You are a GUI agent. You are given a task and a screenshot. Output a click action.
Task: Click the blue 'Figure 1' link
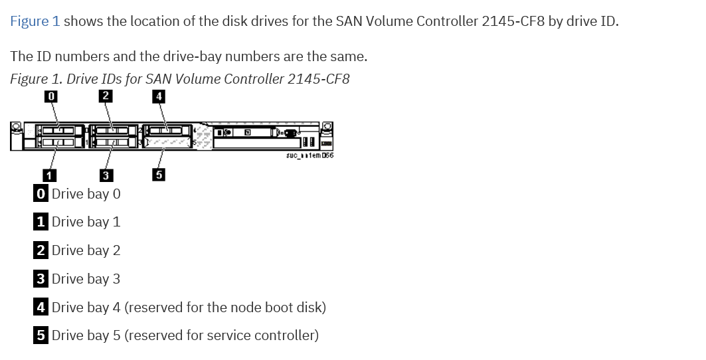35,21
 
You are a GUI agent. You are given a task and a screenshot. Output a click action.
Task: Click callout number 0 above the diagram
50,96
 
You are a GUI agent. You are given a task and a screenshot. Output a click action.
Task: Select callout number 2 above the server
105,96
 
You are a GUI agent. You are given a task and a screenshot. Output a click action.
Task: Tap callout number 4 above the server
158,96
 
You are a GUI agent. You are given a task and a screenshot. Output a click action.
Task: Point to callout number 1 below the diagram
49,175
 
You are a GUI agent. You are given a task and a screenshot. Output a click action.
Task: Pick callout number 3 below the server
105,175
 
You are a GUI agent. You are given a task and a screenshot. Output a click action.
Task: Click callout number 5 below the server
158,175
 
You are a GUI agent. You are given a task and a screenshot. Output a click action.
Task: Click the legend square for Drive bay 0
41,194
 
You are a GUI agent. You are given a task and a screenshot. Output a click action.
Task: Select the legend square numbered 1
41,222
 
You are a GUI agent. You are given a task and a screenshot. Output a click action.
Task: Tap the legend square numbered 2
41,250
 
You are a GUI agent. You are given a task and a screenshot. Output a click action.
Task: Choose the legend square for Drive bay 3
41,279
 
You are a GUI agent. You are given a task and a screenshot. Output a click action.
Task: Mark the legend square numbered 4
41,308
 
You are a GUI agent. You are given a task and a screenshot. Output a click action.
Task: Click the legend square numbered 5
41,335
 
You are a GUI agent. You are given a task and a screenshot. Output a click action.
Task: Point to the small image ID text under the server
309,155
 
